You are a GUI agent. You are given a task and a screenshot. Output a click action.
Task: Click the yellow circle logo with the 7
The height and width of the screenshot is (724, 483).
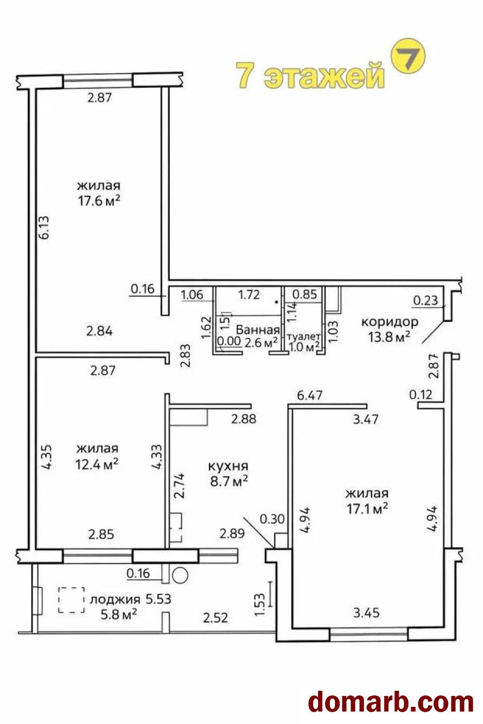(408, 56)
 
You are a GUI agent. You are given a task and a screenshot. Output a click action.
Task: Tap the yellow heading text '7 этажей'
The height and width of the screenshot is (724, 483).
(310, 76)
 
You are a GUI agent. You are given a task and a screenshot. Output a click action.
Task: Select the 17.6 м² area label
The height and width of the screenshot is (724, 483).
(99, 200)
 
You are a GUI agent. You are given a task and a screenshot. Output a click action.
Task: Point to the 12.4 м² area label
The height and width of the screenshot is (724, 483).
(97, 465)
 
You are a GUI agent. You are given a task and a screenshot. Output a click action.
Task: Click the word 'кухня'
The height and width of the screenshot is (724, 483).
(228, 466)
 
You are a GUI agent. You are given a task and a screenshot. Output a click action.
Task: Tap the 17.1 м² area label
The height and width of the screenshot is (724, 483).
(367, 509)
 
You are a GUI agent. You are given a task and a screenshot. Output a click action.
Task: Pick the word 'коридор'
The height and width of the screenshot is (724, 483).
(390, 322)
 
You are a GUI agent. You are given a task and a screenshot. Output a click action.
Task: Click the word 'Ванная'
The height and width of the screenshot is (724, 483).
(258, 330)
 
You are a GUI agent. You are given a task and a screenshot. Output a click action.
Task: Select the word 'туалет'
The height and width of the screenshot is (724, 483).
(304, 336)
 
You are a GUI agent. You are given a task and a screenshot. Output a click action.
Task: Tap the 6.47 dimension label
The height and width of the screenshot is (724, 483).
(310, 395)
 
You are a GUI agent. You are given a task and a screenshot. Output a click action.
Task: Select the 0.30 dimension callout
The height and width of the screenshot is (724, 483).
(272, 519)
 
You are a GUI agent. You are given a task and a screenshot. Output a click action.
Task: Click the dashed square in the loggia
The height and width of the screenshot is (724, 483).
(72, 600)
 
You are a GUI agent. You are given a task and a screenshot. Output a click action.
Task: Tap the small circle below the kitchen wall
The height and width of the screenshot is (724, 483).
(180, 576)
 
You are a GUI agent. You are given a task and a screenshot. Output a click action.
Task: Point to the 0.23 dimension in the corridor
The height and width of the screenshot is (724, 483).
(425, 300)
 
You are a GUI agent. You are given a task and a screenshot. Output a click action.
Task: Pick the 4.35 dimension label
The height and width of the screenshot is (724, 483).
(46, 457)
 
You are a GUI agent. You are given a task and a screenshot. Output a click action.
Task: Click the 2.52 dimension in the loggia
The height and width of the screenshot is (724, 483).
(216, 618)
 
